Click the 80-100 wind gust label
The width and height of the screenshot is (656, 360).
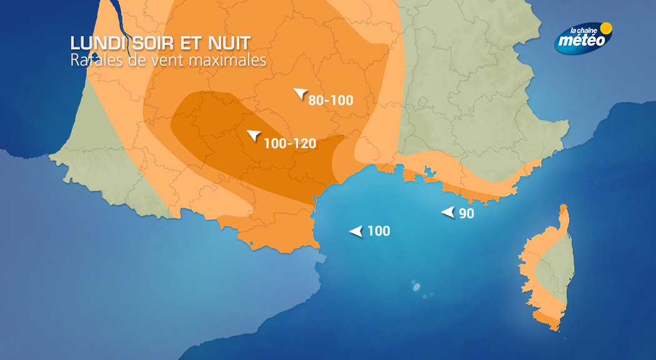(330, 100)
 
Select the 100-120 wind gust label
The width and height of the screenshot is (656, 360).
(290, 143)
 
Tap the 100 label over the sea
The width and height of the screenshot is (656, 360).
(379, 231)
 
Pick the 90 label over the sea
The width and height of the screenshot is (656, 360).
(466, 213)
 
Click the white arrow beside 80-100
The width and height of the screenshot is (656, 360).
(301, 94)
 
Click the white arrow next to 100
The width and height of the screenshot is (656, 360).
(356, 231)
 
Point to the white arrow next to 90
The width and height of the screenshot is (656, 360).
(448, 212)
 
